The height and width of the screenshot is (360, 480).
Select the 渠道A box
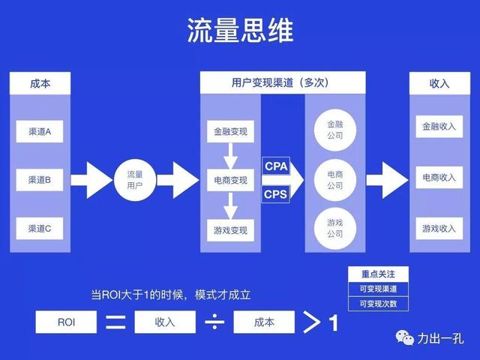(40, 132)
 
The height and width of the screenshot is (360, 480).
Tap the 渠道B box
(40, 180)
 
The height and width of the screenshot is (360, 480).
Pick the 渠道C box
(40, 229)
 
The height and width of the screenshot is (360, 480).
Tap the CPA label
(275, 166)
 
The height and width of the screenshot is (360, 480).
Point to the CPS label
(275, 195)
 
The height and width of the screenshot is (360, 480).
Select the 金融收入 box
(439, 127)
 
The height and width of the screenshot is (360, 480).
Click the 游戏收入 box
(439, 228)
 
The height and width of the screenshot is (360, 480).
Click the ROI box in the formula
(66, 322)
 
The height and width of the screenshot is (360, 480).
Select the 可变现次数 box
(379, 304)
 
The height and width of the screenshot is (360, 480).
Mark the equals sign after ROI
(115, 323)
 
